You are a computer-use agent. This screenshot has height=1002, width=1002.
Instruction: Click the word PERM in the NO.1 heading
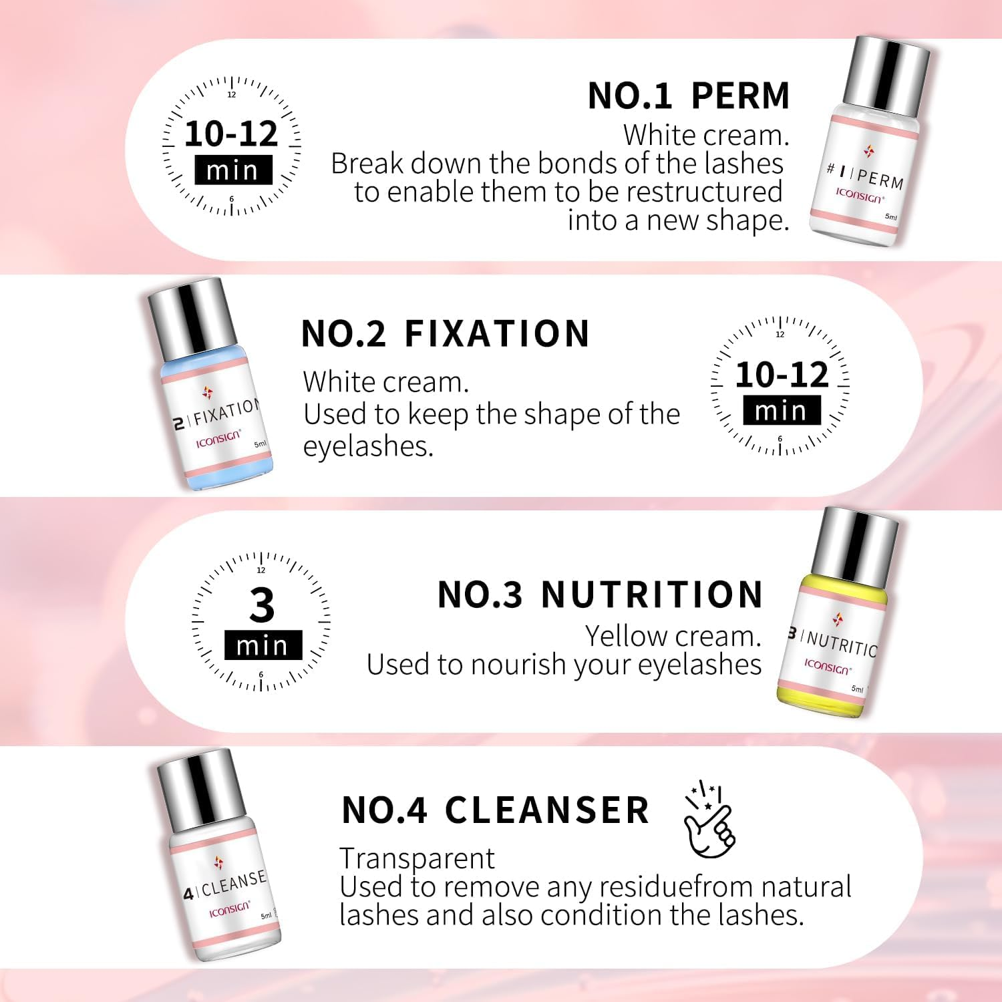pyautogui.click(x=740, y=96)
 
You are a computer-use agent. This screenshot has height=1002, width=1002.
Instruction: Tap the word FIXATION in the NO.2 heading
pyautogui.click(x=497, y=334)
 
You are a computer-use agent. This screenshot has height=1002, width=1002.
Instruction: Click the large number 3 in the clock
pyautogui.click(x=262, y=605)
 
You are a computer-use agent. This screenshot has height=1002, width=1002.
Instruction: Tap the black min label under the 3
pyautogui.click(x=263, y=645)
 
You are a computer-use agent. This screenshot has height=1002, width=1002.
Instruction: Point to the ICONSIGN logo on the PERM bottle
pyautogui.click(x=859, y=196)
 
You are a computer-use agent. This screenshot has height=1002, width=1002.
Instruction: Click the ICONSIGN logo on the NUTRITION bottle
pyautogui.click(x=827, y=666)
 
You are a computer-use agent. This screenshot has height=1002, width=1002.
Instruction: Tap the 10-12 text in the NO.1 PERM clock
pyautogui.click(x=231, y=134)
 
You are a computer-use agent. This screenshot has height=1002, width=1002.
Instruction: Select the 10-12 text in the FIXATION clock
pyautogui.click(x=782, y=374)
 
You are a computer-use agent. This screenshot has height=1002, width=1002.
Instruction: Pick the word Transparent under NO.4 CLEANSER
pyautogui.click(x=417, y=858)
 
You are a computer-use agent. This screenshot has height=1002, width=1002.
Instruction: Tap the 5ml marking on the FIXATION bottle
pyautogui.click(x=260, y=444)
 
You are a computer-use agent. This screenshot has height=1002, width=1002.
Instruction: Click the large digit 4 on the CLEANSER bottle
pyautogui.click(x=188, y=893)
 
